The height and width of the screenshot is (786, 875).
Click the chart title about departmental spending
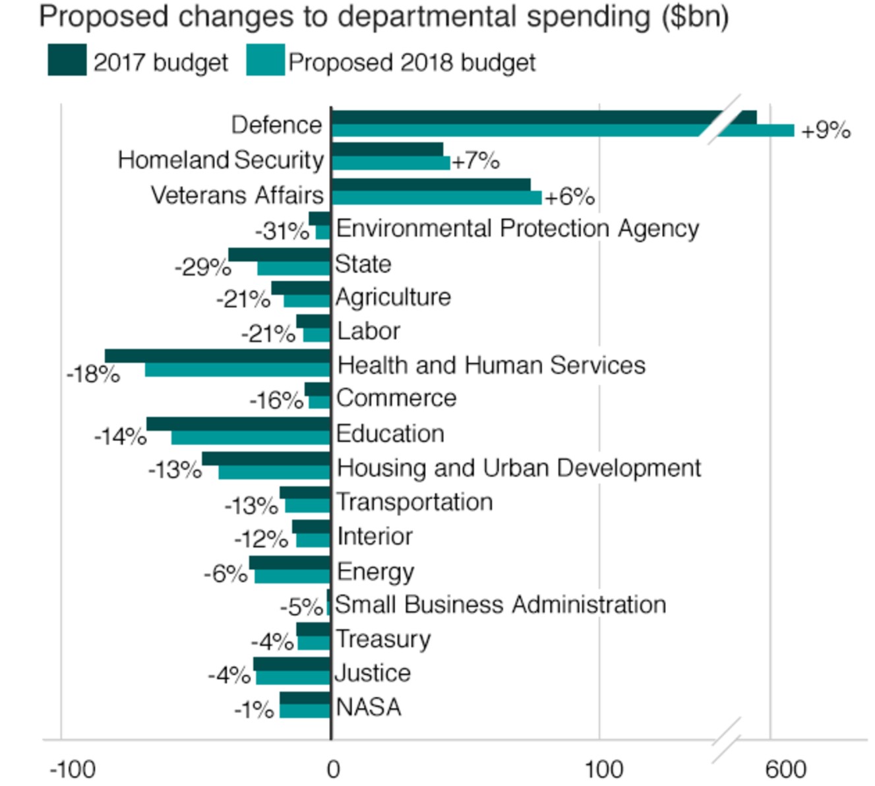click(x=384, y=17)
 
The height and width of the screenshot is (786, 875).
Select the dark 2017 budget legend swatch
click(x=67, y=60)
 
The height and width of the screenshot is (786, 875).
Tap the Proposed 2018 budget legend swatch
click(x=266, y=60)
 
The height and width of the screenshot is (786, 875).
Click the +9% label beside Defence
click(x=825, y=130)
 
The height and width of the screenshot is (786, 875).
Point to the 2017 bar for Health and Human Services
click(x=218, y=356)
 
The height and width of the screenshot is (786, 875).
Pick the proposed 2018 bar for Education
click(x=251, y=438)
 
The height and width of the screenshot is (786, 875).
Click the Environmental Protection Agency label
click(x=517, y=228)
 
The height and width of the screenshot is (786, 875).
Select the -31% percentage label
click(x=282, y=231)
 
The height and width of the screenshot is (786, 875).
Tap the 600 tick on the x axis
click(x=785, y=769)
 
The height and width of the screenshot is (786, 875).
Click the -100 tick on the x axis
click(x=73, y=769)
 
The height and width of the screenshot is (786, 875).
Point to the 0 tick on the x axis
click(x=333, y=769)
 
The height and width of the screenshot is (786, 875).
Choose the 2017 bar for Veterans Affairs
click(x=431, y=185)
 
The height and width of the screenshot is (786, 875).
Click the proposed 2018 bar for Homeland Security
click(x=390, y=163)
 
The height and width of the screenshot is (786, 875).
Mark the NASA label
click(x=369, y=708)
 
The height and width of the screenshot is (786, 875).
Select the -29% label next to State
click(x=202, y=267)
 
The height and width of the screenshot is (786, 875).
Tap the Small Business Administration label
click(x=500, y=605)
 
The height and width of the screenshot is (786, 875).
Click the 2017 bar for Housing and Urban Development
click(x=266, y=459)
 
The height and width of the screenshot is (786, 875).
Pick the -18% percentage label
click(x=93, y=375)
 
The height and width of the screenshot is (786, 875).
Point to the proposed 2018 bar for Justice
click(x=293, y=678)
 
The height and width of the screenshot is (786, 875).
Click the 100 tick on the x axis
click(x=603, y=769)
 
